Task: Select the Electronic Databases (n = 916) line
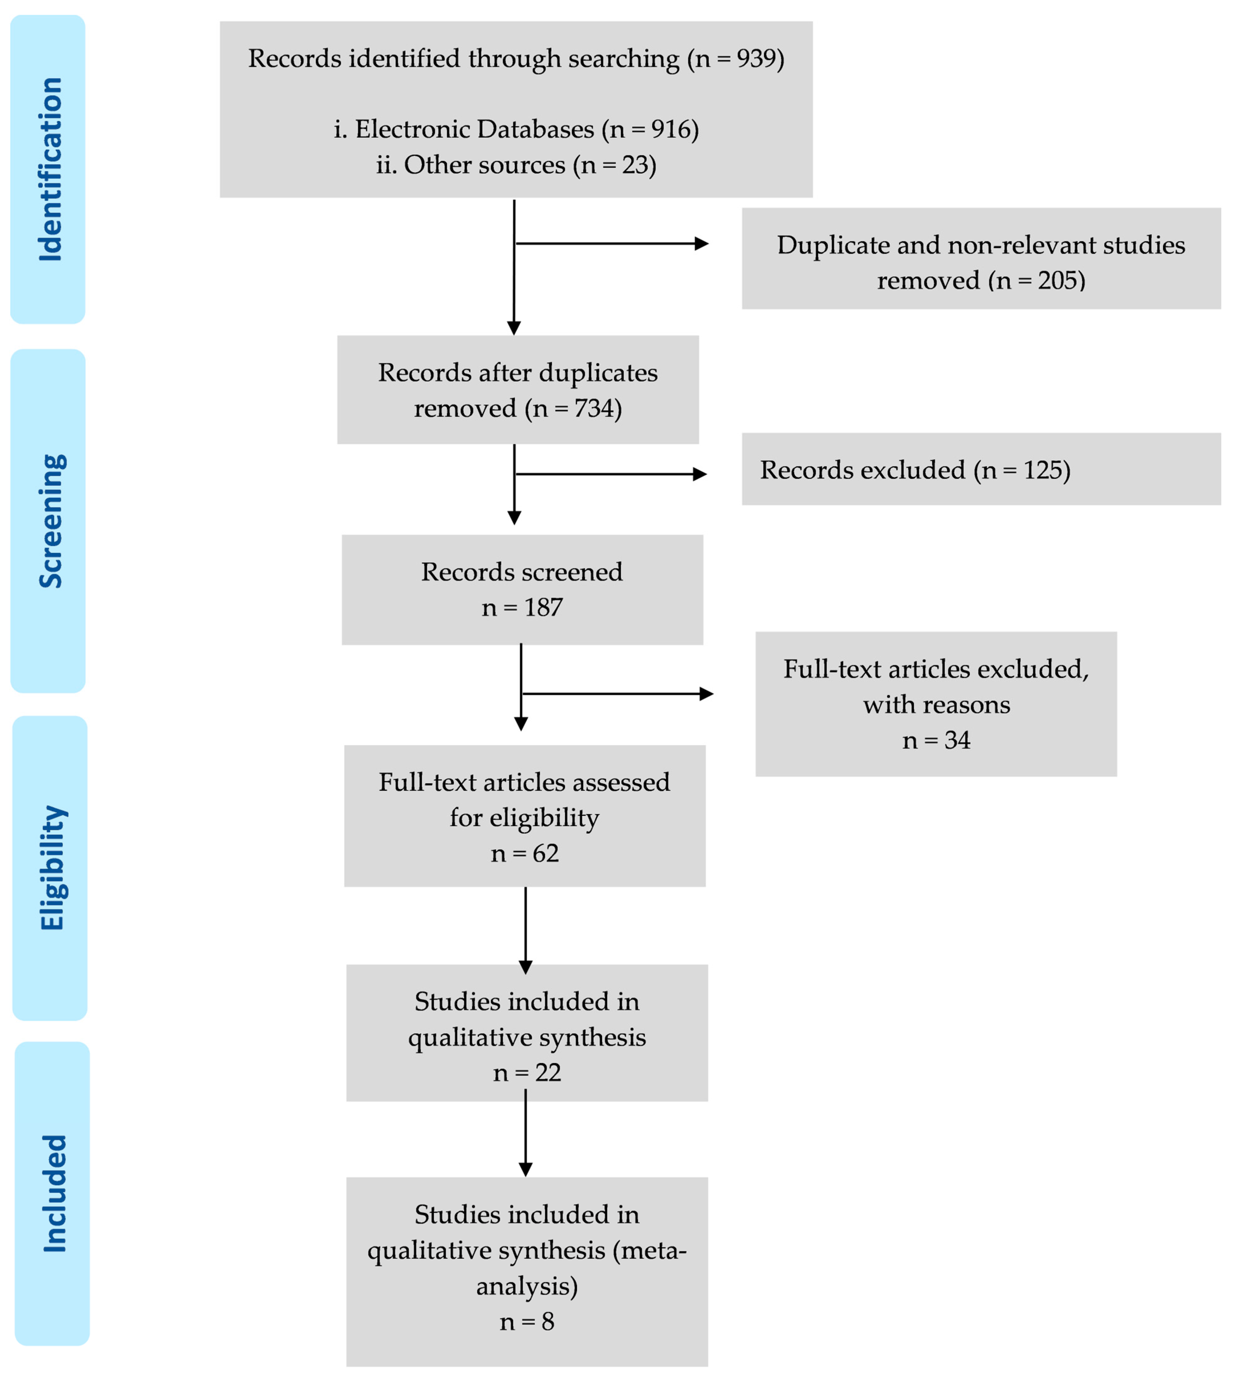[x=516, y=129]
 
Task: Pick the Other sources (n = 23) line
[x=516, y=165]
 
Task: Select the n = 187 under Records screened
[x=522, y=608]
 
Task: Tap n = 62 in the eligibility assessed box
[x=525, y=853]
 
